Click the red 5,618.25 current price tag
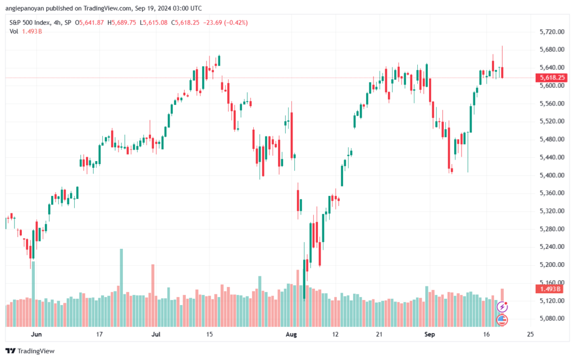click(x=551, y=78)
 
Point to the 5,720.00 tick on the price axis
click(x=552, y=32)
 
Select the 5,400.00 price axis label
click(x=552, y=175)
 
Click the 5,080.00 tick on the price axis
click(x=552, y=318)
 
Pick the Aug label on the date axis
click(x=291, y=334)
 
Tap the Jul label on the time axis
click(x=156, y=334)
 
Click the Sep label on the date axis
click(x=430, y=334)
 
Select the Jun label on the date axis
click(x=36, y=334)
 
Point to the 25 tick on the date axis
click(x=530, y=334)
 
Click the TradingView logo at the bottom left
click(x=30, y=351)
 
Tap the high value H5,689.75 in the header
click(x=121, y=22)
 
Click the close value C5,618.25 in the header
click(x=185, y=22)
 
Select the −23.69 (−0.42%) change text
click(x=226, y=22)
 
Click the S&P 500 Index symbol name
click(x=30, y=22)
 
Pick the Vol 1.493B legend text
click(x=26, y=31)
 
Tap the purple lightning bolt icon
click(x=502, y=307)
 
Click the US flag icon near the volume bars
click(x=502, y=320)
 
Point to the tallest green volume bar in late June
click(x=121, y=288)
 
